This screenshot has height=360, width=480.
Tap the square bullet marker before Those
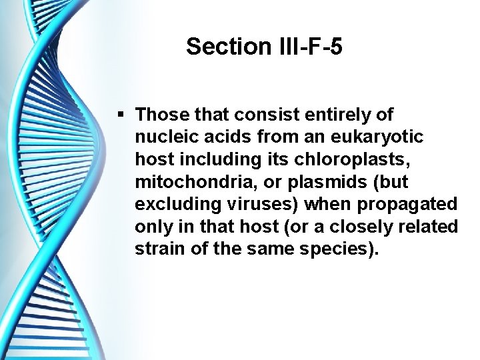[x=120, y=115]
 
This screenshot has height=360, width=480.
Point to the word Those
[x=159, y=115]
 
